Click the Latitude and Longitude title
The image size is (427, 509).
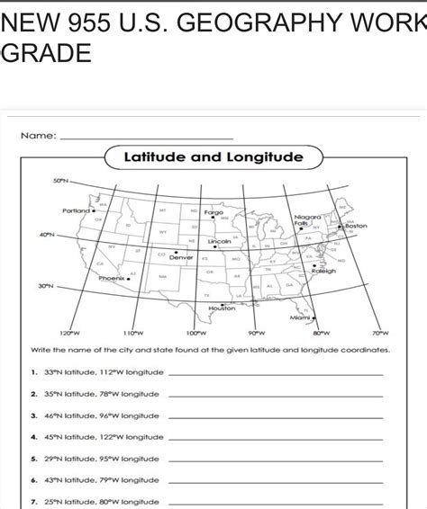pyautogui.click(x=213, y=158)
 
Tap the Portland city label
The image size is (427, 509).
pyautogui.click(x=77, y=210)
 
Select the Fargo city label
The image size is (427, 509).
pyautogui.click(x=214, y=213)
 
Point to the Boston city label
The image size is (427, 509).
pyautogui.click(x=356, y=226)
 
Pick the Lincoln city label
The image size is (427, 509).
pyautogui.click(x=220, y=242)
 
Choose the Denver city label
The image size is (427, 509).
pyautogui.click(x=182, y=257)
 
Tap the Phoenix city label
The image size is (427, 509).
pyautogui.click(x=113, y=279)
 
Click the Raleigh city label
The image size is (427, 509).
pyautogui.click(x=323, y=271)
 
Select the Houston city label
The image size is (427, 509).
pyautogui.click(x=222, y=308)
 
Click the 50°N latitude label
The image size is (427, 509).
pyautogui.click(x=60, y=181)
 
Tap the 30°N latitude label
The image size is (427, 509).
pyautogui.click(x=45, y=287)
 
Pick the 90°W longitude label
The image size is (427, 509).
pyautogui.click(x=256, y=333)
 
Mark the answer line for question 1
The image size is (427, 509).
pyautogui.click(x=275, y=373)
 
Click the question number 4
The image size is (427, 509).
pyautogui.click(x=32, y=437)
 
